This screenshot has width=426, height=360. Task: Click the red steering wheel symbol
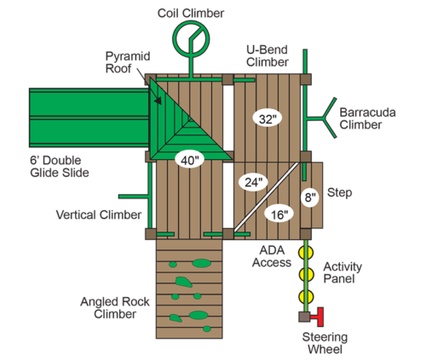point(318,317)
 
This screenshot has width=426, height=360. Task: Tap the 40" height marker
point(189,160)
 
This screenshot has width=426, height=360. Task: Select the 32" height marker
point(268,118)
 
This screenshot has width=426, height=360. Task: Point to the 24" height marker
point(253,182)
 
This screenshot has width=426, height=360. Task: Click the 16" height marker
point(279,214)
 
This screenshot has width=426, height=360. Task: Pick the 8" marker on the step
point(310,197)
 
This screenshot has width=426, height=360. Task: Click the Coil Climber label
point(191,14)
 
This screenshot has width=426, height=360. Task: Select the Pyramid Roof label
point(128,62)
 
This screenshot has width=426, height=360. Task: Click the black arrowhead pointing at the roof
point(158,100)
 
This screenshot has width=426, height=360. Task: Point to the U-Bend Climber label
point(268,56)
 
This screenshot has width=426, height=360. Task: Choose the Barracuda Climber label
point(367,118)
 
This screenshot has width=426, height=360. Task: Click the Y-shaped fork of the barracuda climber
point(325,117)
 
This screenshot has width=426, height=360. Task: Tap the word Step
point(339,193)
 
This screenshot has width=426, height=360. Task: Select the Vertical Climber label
point(99,214)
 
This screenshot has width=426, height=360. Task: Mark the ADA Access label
point(272,256)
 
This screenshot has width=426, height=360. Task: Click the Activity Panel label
point(343,272)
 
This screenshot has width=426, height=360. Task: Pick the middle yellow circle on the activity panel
point(306,274)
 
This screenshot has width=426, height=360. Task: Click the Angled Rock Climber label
point(115,308)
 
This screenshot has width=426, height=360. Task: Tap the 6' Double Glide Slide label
point(60,167)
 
